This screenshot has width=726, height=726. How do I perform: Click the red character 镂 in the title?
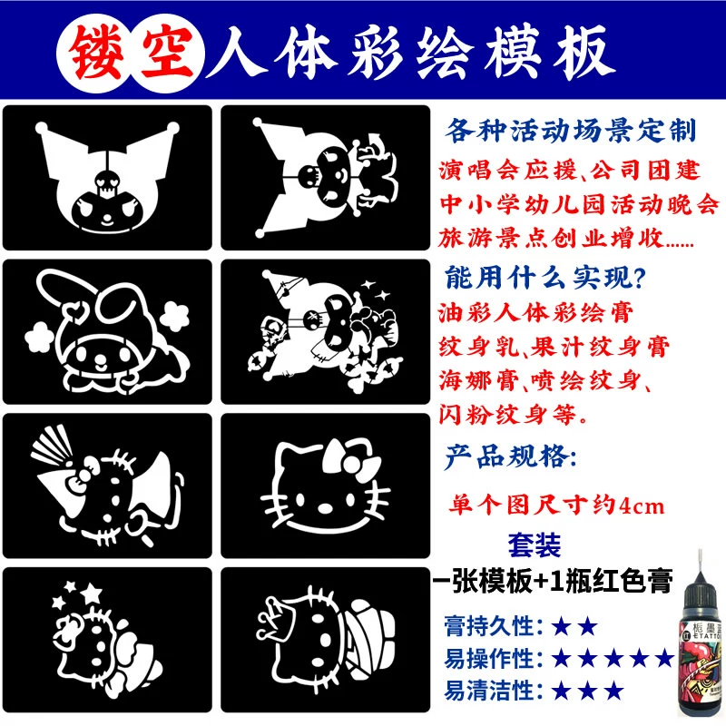pos(97,52)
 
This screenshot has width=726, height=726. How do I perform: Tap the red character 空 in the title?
pos(167,52)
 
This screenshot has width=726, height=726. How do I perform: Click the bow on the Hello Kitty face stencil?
pos(351,459)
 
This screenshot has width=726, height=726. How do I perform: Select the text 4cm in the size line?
pos(642,506)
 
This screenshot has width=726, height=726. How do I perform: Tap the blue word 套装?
pos(535,545)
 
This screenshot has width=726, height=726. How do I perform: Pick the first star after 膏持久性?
pos(562,627)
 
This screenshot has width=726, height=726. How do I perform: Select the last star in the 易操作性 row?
pos(665,658)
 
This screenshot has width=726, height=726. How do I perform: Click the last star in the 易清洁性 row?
pos(614,691)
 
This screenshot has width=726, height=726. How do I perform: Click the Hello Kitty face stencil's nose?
pos(325,508)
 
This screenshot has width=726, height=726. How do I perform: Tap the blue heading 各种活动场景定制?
pos(571,131)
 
